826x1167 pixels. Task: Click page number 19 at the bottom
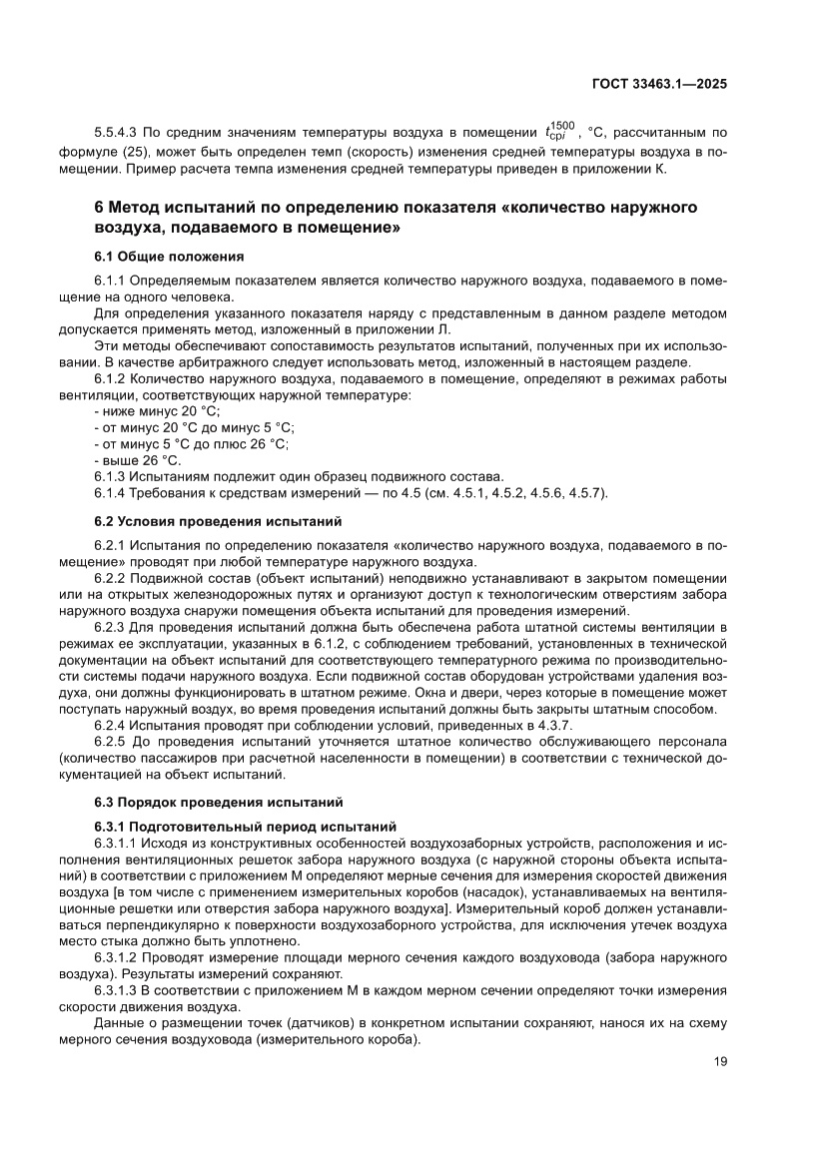720,1061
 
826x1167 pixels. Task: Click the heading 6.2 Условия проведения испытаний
218,521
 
